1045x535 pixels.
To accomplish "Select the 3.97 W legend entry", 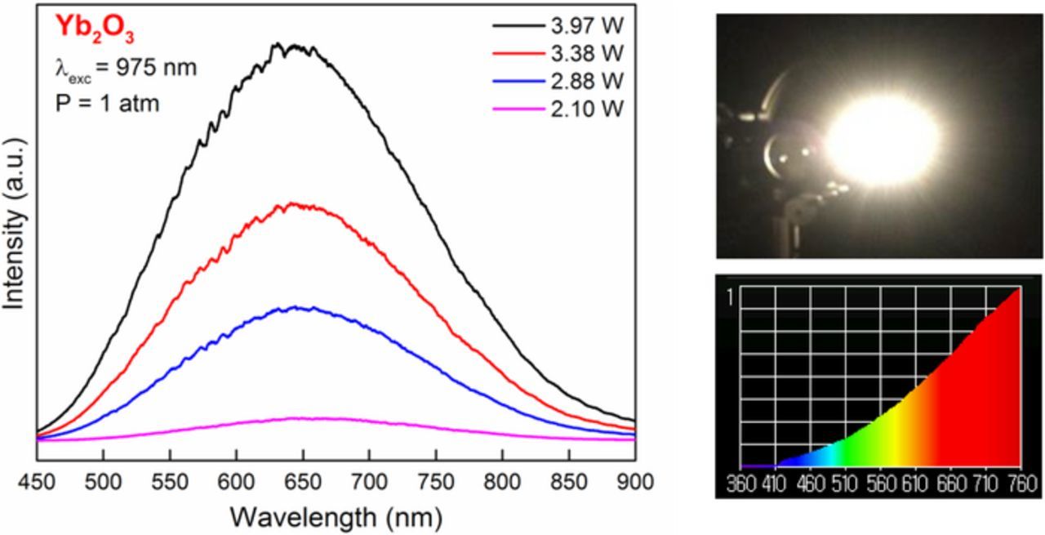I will coord(585,27).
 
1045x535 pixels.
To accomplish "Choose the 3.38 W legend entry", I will coord(585,54).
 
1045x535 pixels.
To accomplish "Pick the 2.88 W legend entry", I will coord(585,81).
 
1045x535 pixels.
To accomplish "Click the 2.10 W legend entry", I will coord(585,108).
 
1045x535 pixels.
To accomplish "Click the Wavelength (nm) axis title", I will coord(336,516).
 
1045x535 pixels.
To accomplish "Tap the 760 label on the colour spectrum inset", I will coord(1019,484).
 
